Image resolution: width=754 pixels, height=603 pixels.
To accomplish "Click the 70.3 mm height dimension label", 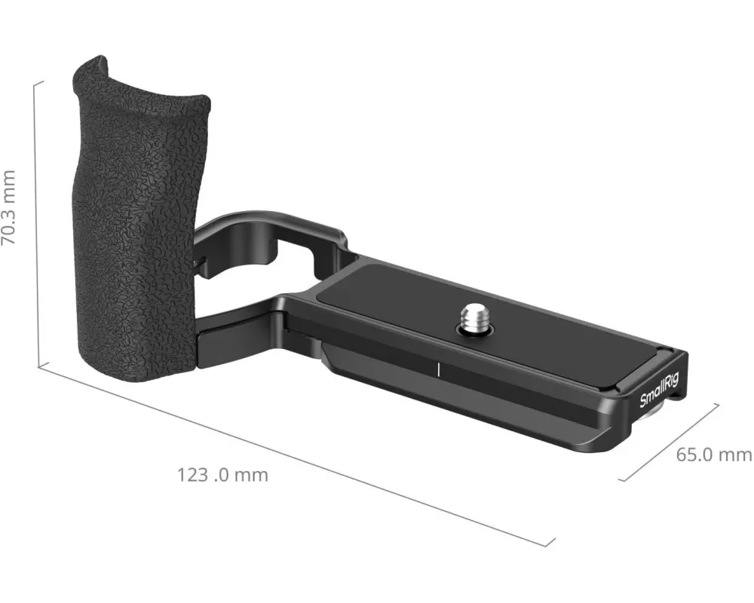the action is click(x=8, y=207).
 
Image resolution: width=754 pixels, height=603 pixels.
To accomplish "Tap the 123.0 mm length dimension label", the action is click(x=222, y=476).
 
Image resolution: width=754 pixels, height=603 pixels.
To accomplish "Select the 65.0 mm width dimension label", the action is click(x=714, y=455).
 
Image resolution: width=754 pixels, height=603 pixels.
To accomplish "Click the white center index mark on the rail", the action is click(x=439, y=369).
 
